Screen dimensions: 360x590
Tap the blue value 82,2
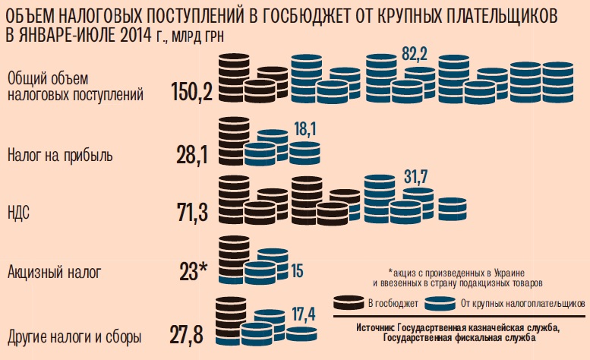pos(415,55)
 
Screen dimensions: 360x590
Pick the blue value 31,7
pos(415,177)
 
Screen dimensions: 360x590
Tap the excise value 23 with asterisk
pos(193,271)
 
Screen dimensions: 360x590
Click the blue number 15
pos(297,271)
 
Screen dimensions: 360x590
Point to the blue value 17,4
pos(304,312)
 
